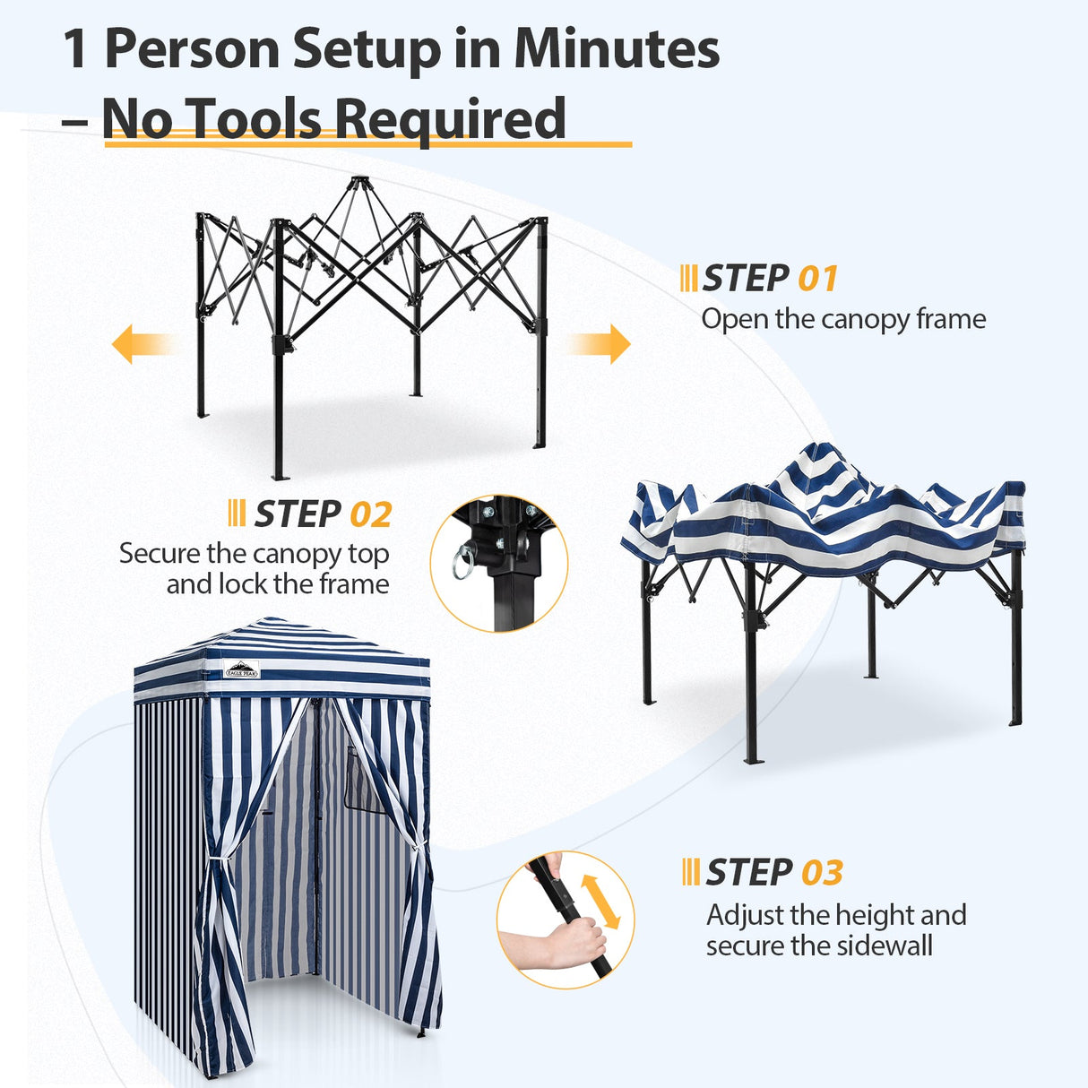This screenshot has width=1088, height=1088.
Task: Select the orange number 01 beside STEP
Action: [817, 279]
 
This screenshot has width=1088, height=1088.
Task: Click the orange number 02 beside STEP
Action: [370, 515]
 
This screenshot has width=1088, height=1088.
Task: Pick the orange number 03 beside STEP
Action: [822, 873]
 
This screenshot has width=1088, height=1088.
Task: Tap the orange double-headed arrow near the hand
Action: [600, 902]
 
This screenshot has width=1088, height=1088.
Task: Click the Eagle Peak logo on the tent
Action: [242, 669]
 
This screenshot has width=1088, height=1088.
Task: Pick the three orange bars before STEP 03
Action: [690, 872]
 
